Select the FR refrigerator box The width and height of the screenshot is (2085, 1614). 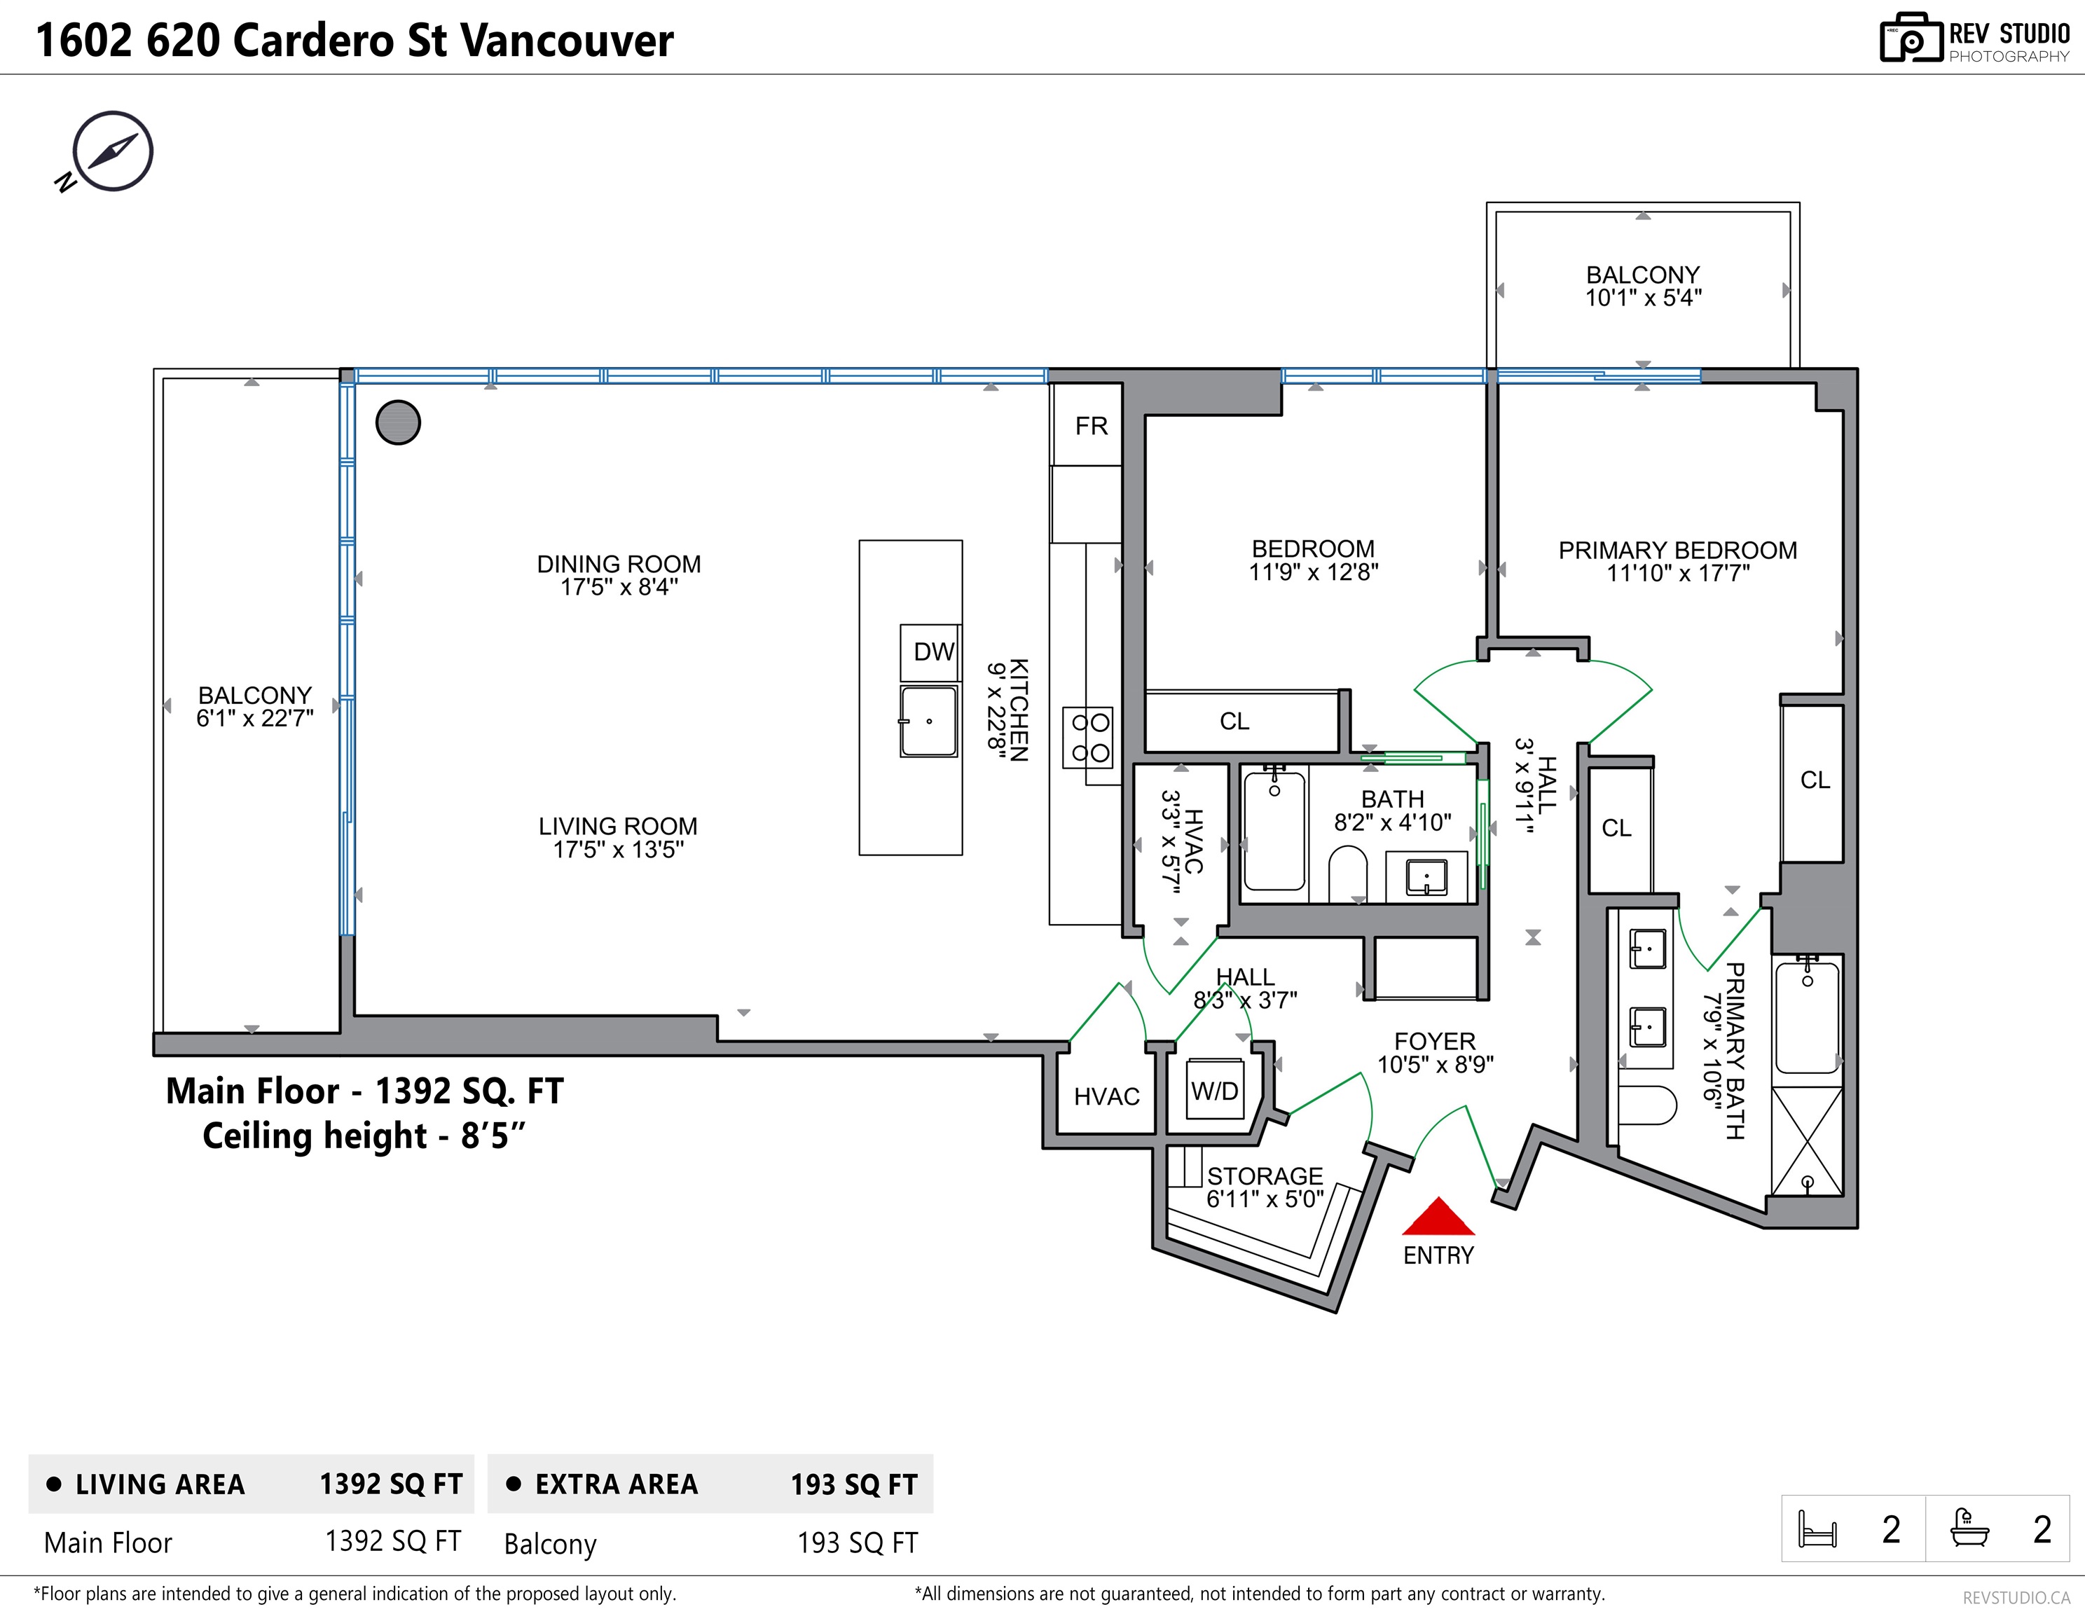[x=1090, y=426]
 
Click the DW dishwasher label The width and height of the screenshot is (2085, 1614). [x=933, y=652]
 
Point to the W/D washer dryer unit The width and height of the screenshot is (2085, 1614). [x=1214, y=1091]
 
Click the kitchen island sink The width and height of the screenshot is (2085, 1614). [x=928, y=722]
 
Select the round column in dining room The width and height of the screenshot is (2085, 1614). [x=398, y=422]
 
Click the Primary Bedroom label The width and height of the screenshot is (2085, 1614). [x=1677, y=551]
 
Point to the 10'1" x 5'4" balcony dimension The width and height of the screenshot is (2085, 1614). [x=1643, y=298]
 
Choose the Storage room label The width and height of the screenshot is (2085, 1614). [x=1264, y=1176]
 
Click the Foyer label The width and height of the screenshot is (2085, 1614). [x=1434, y=1041]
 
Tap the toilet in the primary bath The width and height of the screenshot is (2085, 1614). [x=1648, y=1105]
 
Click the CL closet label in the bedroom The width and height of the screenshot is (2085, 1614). [x=1234, y=722]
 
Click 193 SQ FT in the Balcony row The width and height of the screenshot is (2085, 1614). [x=856, y=1543]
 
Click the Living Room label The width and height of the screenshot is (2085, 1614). [x=618, y=827]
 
